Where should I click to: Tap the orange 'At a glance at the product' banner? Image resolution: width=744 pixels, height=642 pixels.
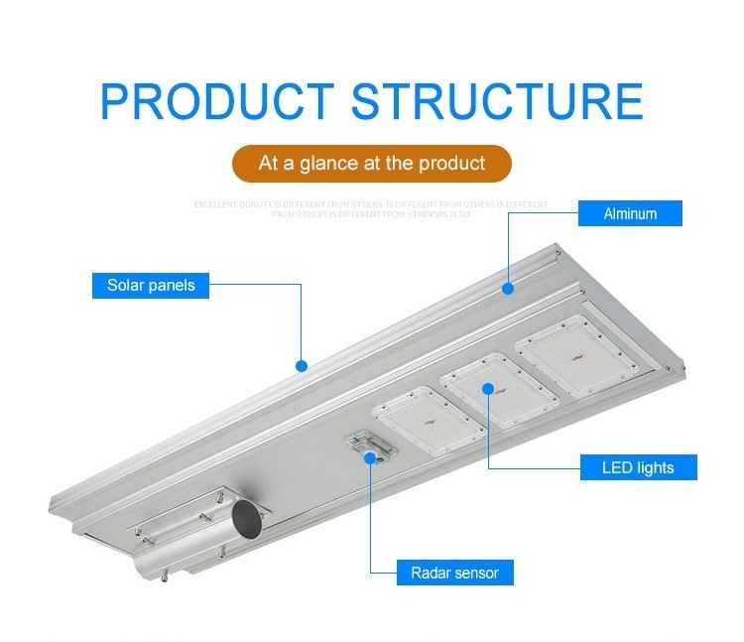[372, 163]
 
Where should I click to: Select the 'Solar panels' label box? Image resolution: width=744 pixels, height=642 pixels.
[151, 286]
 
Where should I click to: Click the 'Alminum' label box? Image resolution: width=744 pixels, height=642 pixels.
[630, 213]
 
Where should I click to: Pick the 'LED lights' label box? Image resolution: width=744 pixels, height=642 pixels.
[638, 467]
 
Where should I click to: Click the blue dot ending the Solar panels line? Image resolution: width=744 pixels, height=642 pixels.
[302, 365]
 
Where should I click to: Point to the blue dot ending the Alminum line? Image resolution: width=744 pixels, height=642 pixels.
[508, 289]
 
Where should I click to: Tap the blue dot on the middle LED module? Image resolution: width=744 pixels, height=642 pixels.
[488, 389]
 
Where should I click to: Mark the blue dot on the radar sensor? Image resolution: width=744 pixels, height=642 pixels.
[371, 458]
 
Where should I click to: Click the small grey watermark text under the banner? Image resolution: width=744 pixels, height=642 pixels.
[370, 208]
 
